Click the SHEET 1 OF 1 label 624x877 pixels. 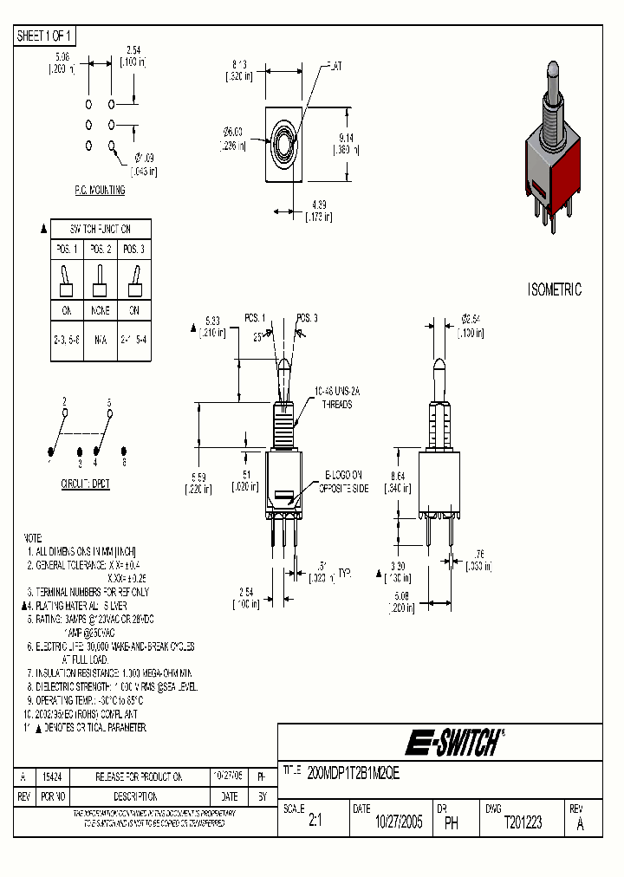click(45, 36)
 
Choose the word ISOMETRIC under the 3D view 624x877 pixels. click(555, 290)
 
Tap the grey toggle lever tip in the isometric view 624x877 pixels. click(551, 72)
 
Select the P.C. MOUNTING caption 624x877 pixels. click(98, 190)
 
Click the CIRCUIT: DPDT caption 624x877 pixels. click(85, 483)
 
